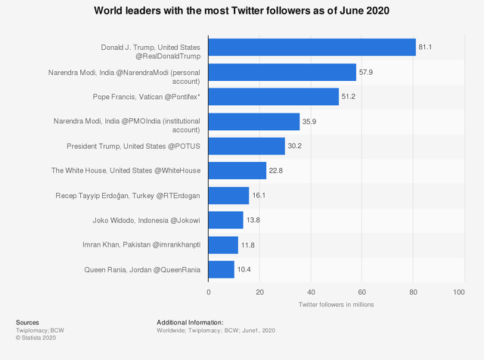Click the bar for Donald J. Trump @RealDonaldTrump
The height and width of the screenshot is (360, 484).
[312, 47]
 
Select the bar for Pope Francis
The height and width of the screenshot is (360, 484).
[273, 97]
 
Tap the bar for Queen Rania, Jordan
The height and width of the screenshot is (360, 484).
[221, 269]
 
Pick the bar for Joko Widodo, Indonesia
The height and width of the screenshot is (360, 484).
[225, 220]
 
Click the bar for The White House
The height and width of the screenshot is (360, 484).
[237, 171]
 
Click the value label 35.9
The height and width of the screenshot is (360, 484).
[310, 122]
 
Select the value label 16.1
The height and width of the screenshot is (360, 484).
[259, 196]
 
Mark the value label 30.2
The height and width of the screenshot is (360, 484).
[296, 146]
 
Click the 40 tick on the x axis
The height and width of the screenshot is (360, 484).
[310, 291]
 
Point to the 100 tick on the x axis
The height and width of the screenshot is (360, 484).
[459, 291]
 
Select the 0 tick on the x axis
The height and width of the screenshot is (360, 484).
[209, 291]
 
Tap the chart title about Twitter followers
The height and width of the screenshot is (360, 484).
[242, 11]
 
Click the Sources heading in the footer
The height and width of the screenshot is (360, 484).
[28, 322]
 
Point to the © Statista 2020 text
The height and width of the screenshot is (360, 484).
[36, 337]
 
